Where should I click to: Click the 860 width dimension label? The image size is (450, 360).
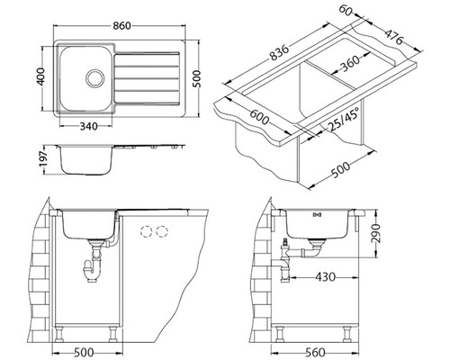[x=121, y=26]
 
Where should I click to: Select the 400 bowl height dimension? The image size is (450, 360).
[x=40, y=76]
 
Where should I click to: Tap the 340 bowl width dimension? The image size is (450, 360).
[x=89, y=126]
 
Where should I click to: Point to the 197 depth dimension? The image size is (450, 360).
[x=44, y=159]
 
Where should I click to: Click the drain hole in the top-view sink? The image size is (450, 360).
[x=95, y=78]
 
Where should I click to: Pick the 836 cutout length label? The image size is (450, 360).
[x=279, y=52]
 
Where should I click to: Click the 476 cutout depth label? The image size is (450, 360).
[x=394, y=37]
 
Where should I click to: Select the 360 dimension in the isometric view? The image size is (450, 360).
[x=351, y=63]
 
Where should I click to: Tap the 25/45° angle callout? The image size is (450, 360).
[x=343, y=120]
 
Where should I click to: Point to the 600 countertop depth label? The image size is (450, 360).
[x=259, y=117]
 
